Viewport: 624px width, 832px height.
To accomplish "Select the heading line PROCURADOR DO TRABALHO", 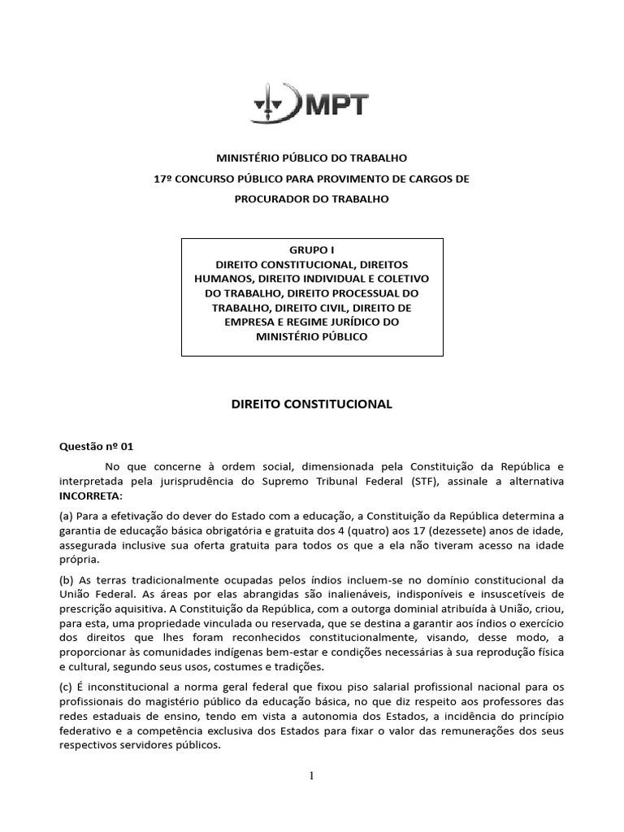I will pyautogui.click(x=311, y=199).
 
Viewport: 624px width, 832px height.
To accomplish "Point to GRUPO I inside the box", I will pyautogui.click(x=312, y=250).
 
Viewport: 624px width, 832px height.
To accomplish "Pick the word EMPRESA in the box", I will pyautogui.click(x=253, y=322).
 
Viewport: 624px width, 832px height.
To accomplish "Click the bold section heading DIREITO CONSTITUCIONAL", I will pyautogui.click(x=311, y=404).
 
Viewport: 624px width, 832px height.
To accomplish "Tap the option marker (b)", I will pyautogui.click(x=67, y=579).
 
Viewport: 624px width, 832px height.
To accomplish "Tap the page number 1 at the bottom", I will pyautogui.click(x=311, y=775).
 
